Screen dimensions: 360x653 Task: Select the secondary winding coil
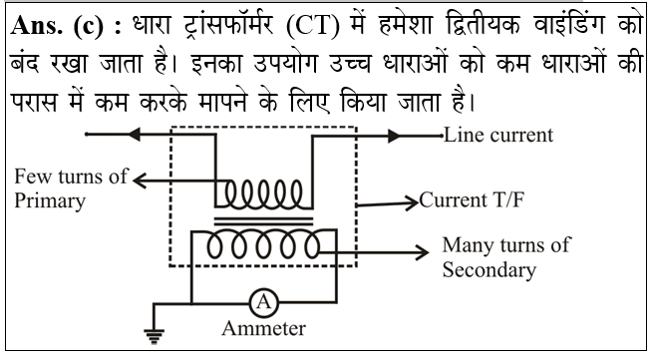pyautogui.click(x=264, y=245)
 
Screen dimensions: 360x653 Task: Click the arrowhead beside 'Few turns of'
pyautogui.click(x=142, y=180)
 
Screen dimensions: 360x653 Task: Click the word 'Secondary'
pyautogui.click(x=490, y=269)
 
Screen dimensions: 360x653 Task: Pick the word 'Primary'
pyautogui.click(x=50, y=199)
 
